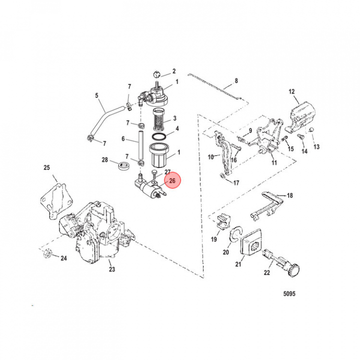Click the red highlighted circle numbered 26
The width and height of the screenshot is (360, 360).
(172, 181)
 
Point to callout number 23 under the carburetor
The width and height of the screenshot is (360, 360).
(111, 269)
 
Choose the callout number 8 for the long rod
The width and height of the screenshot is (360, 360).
(236, 80)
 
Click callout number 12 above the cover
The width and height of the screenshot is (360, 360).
(291, 91)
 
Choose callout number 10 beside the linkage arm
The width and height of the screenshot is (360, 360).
(210, 157)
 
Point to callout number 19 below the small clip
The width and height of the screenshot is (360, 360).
(213, 239)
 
